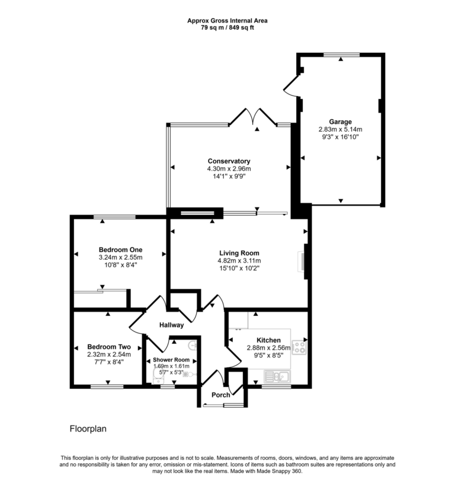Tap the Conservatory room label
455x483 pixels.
pyautogui.click(x=229, y=161)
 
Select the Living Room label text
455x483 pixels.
pyautogui.click(x=239, y=253)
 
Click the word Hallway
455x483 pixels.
pyautogui.click(x=171, y=325)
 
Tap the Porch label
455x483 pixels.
pyautogui.click(x=221, y=395)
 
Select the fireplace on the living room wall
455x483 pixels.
pyautogui.click(x=303, y=261)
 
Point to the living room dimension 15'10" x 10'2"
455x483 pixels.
pyautogui.click(x=239, y=268)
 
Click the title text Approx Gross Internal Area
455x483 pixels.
pyautogui.click(x=227, y=20)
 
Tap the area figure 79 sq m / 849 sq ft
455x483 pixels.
pyautogui.click(x=227, y=27)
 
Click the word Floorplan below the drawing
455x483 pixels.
pyautogui.click(x=88, y=428)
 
